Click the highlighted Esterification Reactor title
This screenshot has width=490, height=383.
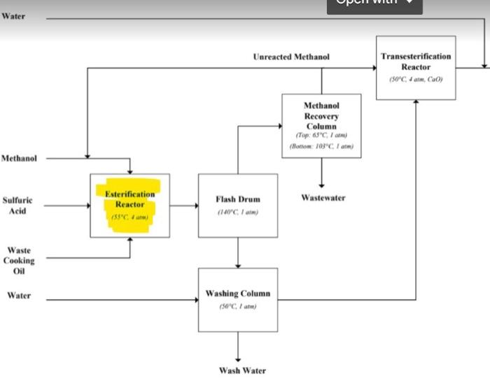click(x=129, y=199)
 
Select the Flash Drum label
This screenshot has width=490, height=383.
click(x=238, y=199)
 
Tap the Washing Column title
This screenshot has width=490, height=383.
click(x=237, y=294)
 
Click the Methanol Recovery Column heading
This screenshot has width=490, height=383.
click(x=321, y=115)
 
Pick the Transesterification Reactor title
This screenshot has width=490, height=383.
click(x=416, y=61)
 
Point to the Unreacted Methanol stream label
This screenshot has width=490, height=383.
click(x=291, y=56)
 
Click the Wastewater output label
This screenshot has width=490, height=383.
click(x=323, y=198)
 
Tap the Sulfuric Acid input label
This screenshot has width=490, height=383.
click(x=17, y=205)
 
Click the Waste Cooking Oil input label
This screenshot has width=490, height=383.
click(x=19, y=260)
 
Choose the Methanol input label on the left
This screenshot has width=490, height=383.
click(x=19, y=159)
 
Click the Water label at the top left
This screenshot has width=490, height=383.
click(x=13, y=16)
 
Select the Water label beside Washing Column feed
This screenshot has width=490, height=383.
click(x=19, y=296)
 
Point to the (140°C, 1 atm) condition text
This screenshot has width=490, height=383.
click(x=238, y=212)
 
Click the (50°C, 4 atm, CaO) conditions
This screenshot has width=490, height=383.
click(x=416, y=79)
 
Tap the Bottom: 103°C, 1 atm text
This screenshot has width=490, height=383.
click(x=321, y=146)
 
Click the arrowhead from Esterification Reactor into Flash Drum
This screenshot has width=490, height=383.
click(x=194, y=205)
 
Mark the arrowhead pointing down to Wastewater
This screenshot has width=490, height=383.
click(x=322, y=185)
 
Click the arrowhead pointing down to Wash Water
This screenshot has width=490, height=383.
click(x=238, y=357)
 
